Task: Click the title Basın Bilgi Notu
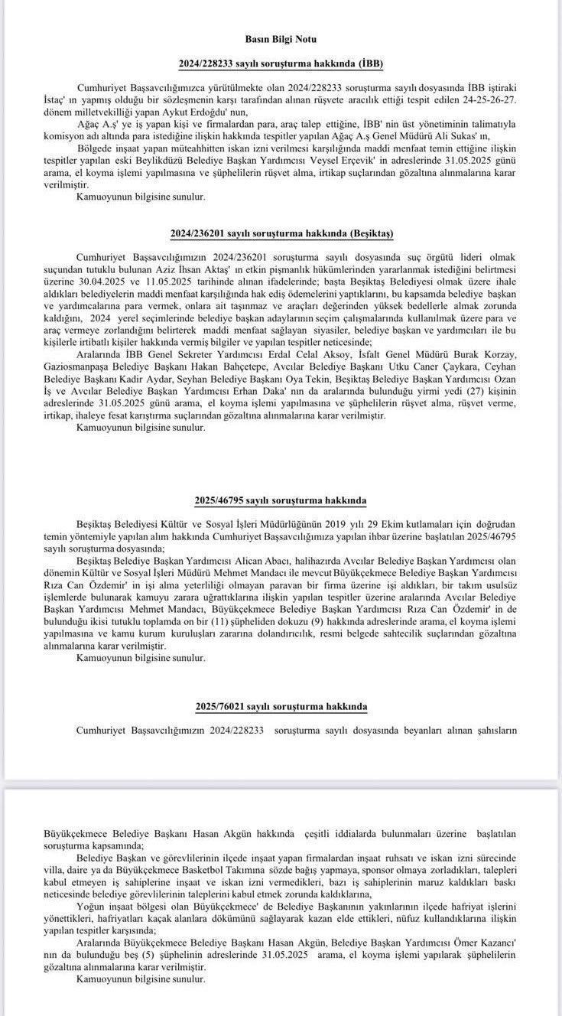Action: coord(281,38)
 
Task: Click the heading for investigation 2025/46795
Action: coord(281,500)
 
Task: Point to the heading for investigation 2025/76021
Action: coord(281,705)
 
